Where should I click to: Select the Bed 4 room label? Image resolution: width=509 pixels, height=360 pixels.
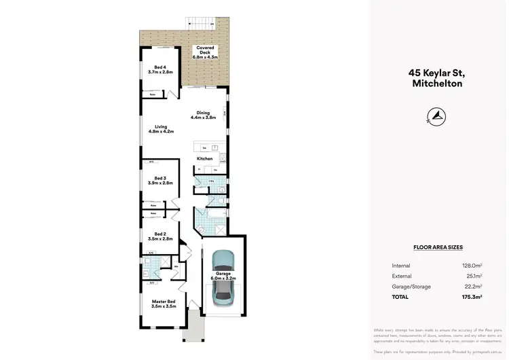[x=160, y=69]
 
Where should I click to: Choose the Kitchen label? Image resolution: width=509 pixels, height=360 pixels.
[x=204, y=158]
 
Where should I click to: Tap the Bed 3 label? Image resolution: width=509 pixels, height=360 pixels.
[x=160, y=181]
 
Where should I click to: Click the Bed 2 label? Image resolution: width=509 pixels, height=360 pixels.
[x=160, y=236]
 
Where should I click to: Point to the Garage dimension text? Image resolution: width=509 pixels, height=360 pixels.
[x=223, y=278]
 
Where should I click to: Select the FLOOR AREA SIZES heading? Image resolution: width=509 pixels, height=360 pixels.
[x=438, y=249]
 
